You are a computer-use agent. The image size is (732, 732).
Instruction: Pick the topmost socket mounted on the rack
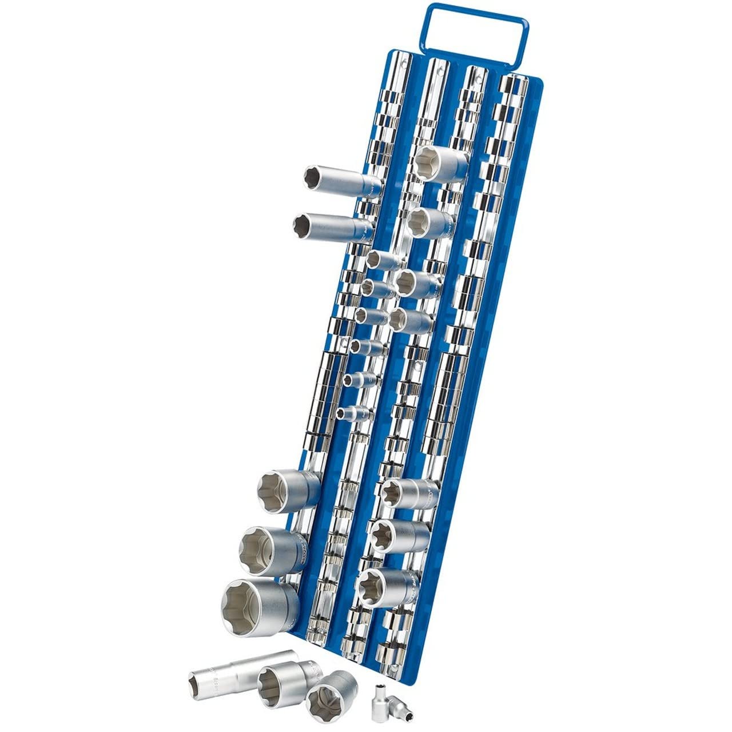440,164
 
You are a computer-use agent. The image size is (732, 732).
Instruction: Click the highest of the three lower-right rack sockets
409,493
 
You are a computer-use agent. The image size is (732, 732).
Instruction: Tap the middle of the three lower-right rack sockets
399,536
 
